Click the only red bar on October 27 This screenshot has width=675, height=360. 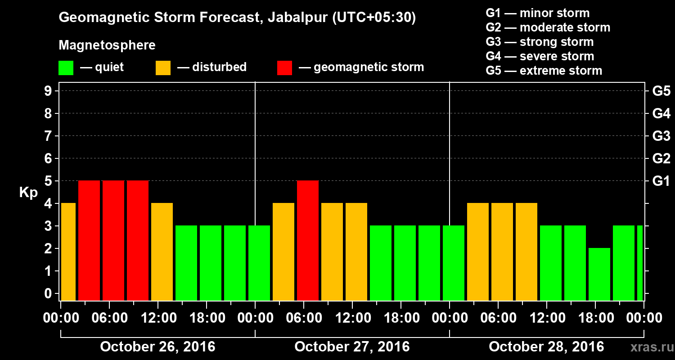point(308,240)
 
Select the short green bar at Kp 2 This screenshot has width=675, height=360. point(599,274)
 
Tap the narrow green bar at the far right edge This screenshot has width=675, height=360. point(640,263)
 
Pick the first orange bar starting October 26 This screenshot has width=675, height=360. point(68,252)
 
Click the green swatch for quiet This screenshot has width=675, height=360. point(66,68)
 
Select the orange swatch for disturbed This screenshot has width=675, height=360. point(163,68)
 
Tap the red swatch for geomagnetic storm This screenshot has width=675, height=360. point(284,68)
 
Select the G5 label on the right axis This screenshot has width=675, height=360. point(661,91)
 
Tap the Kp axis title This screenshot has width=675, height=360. point(28,193)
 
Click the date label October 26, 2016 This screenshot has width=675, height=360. point(157,347)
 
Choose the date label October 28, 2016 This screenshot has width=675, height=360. point(546,347)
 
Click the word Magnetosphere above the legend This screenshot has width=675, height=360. point(107,45)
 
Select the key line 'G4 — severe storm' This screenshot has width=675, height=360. point(540,56)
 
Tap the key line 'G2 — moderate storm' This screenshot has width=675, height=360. point(548,27)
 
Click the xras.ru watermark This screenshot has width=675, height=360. point(648,347)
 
